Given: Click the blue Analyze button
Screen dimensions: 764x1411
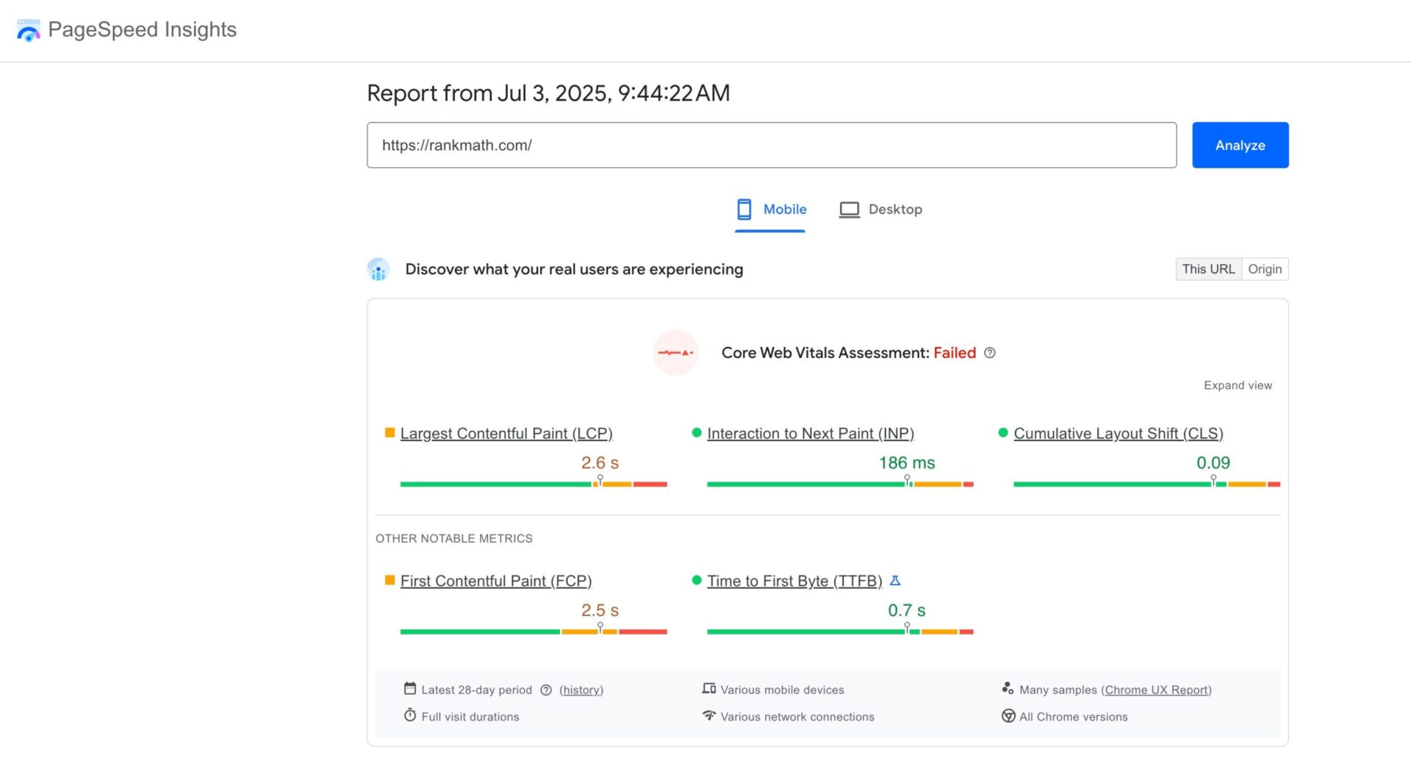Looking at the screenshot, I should (x=1240, y=145).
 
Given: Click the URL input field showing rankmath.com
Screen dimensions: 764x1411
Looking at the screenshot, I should (x=771, y=145).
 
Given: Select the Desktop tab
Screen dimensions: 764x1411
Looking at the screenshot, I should (x=880, y=210).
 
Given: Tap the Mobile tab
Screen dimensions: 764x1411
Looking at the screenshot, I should (x=771, y=210).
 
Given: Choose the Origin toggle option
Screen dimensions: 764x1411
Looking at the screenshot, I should (x=1264, y=269).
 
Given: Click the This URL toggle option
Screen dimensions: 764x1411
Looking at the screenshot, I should (x=1208, y=269).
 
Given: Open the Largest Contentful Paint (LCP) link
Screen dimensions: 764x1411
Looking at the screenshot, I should (x=506, y=434).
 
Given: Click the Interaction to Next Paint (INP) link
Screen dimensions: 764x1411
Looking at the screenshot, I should (x=810, y=434).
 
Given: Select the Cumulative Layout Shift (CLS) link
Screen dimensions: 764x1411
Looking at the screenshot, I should (x=1118, y=434).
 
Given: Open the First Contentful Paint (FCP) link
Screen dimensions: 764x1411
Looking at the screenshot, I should (x=495, y=581).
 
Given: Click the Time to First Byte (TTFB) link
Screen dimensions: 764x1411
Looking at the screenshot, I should (x=794, y=581).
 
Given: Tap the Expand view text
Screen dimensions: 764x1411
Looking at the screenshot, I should (x=1238, y=385).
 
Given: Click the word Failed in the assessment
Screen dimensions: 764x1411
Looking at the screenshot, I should (x=954, y=353).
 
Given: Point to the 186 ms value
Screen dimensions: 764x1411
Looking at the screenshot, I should (x=906, y=463).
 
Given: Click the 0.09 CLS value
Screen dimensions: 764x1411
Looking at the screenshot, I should (x=1213, y=463).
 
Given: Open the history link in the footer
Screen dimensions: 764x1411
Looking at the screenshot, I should (x=581, y=690).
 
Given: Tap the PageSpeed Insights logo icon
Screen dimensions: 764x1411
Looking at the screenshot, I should (x=29, y=30).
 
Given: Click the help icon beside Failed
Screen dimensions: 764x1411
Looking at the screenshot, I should (x=989, y=353).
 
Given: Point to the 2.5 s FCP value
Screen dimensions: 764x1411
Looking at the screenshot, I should (x=599, y=610).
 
